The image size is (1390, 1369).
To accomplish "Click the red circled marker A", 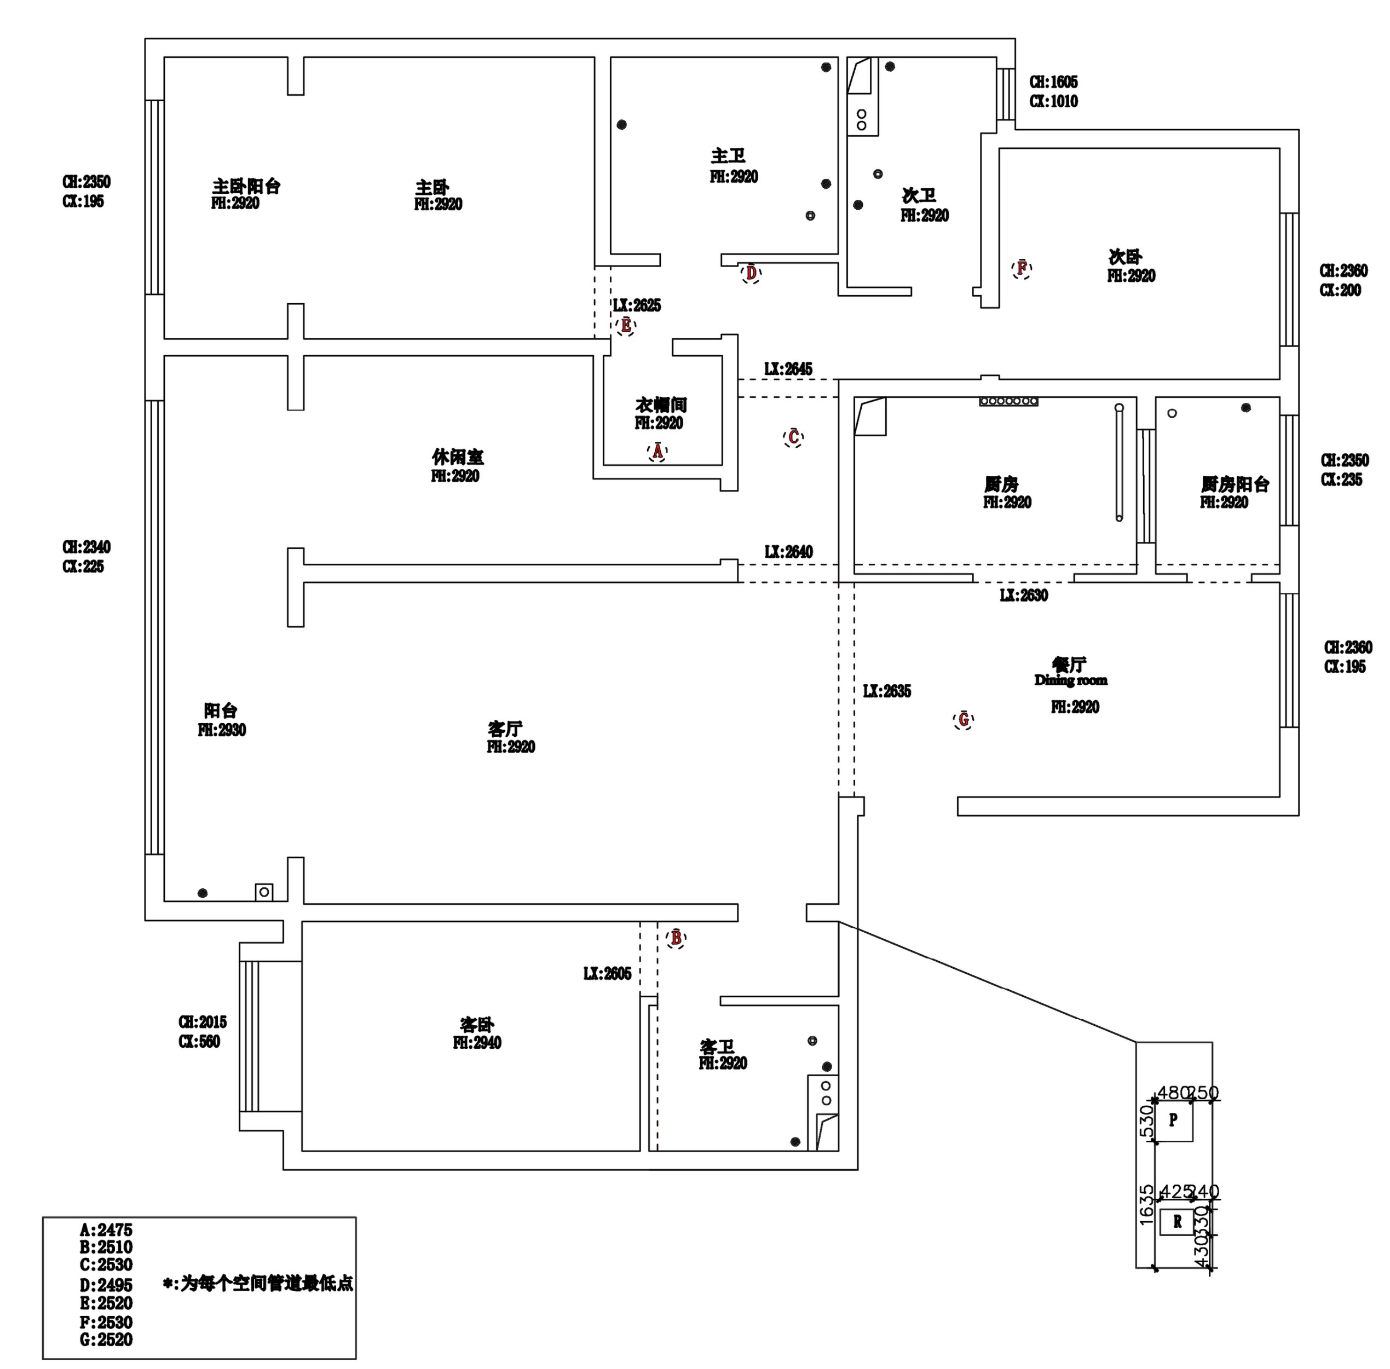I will [656, 452].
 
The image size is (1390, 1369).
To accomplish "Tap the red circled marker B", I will [676, 938].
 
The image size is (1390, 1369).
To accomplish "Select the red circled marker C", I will [793, 437].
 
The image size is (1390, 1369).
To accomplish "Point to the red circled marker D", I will [751, 273].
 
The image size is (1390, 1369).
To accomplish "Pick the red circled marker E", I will [626, 326].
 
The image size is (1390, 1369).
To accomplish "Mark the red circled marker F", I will [1021, 269].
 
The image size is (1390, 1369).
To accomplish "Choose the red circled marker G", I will [964, 719].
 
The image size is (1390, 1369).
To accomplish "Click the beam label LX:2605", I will [607, 974].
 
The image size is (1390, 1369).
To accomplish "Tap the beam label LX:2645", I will [788, 369].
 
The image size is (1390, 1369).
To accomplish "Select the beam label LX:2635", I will [887, 691].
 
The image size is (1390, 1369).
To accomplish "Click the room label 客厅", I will [505, 729].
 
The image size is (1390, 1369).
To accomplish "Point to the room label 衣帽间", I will [661, 405].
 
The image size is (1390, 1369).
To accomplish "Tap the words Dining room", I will [1071, 680].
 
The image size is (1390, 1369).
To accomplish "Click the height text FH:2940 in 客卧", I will [477, 1043].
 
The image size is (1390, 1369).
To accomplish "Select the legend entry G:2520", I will [106, 1339].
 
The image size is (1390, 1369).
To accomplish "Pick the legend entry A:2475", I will [106, 1230].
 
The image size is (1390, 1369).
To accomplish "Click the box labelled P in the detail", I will [1173, 1119].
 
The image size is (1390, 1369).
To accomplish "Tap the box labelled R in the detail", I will [1177, 1222].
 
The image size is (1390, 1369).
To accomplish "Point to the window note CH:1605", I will [1053, 82].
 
